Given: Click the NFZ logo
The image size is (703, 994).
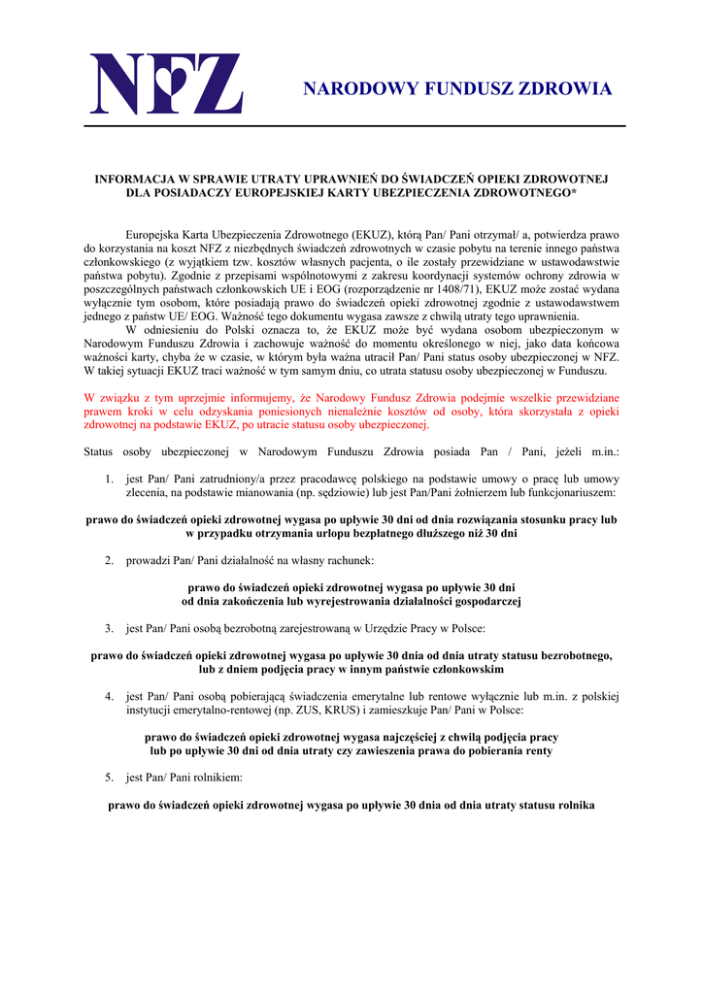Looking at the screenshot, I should (x=166, y=84).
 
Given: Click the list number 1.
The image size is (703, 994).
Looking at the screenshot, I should (x=110, y=479).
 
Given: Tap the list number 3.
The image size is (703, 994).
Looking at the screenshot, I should (x=110, y=627).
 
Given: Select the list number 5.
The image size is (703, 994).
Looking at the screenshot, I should (x=110, y=778).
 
